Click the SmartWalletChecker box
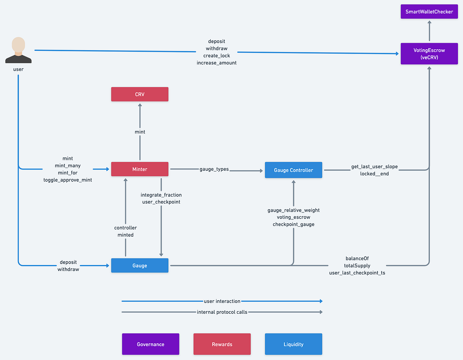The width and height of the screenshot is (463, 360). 429,12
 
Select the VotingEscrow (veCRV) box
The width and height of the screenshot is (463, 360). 429,54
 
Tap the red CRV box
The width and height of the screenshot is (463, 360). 140,94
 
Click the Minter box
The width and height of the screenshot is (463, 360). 140,169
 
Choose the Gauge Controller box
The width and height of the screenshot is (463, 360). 293,170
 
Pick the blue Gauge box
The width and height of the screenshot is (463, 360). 140,266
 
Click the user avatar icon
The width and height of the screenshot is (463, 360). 18,50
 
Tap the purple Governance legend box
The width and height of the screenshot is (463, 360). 150,344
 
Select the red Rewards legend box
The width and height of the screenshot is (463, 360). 222,344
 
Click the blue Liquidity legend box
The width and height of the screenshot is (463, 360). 293,344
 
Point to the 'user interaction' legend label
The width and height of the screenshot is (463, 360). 222,301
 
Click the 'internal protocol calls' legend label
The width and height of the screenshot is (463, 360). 222,312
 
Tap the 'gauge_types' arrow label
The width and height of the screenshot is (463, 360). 214,169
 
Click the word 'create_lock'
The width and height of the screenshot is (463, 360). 216,56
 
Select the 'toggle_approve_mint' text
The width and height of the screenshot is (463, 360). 68,180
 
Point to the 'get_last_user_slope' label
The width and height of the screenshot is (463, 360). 374,167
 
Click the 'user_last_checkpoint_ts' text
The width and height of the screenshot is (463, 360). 357,273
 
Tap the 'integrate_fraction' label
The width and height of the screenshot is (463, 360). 161,195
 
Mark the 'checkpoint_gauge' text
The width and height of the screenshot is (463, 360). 293,224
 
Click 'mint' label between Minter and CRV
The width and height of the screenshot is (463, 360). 140,132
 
